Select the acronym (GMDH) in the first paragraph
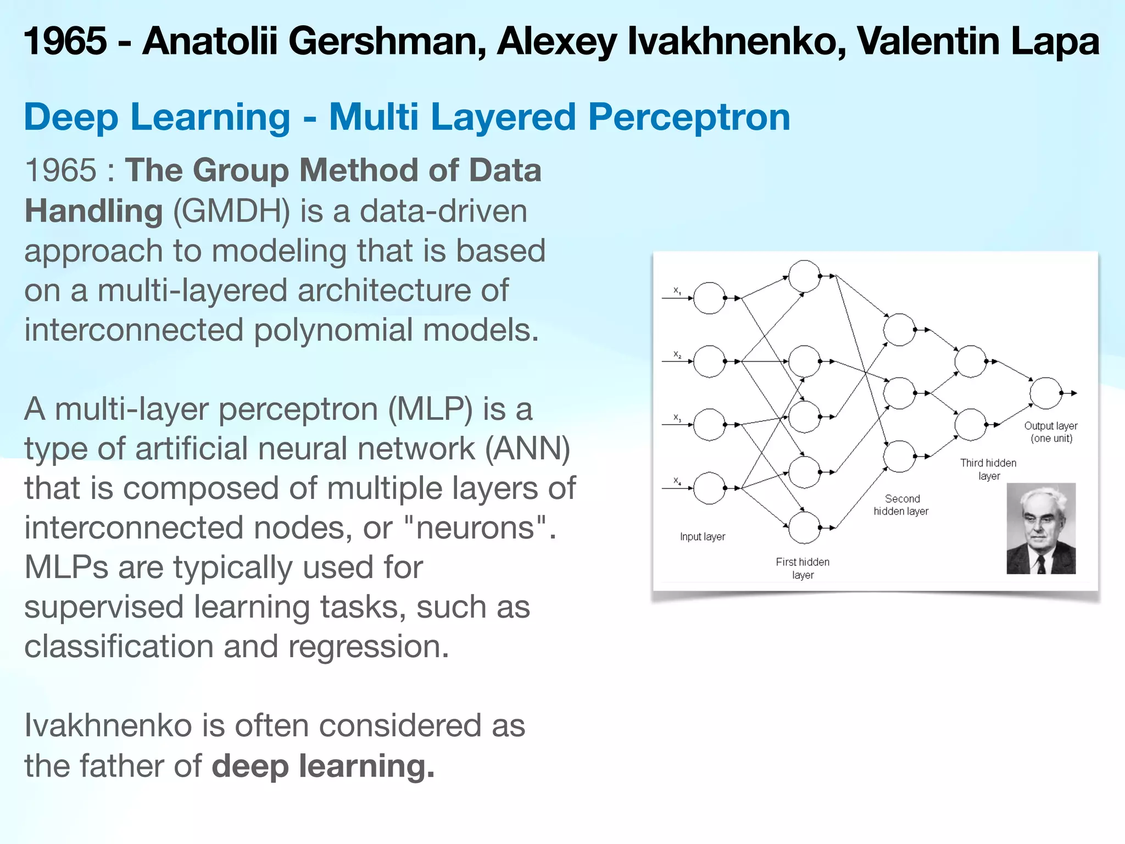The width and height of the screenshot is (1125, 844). click(x=231, y=212)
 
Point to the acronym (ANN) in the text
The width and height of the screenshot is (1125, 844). click(x=527, y=449)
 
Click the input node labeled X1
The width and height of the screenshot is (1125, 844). click(x=709, y=298)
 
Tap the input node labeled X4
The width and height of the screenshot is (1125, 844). click(x=709, y=488)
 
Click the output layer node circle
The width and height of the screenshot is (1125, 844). click(x=1045, y=393)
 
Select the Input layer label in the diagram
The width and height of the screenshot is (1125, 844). click(x=702, y=537)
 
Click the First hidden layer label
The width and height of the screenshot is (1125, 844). click(x=803, y=568)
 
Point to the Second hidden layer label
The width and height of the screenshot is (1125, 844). click(x=901, y=505)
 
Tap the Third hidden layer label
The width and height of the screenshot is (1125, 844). click(x=988, y=469)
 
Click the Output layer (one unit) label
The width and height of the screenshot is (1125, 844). click(x=1051, y=432)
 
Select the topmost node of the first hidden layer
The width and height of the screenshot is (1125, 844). click(x=804, y=276)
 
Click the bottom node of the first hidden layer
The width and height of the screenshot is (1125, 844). click(x=804, y=527)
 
